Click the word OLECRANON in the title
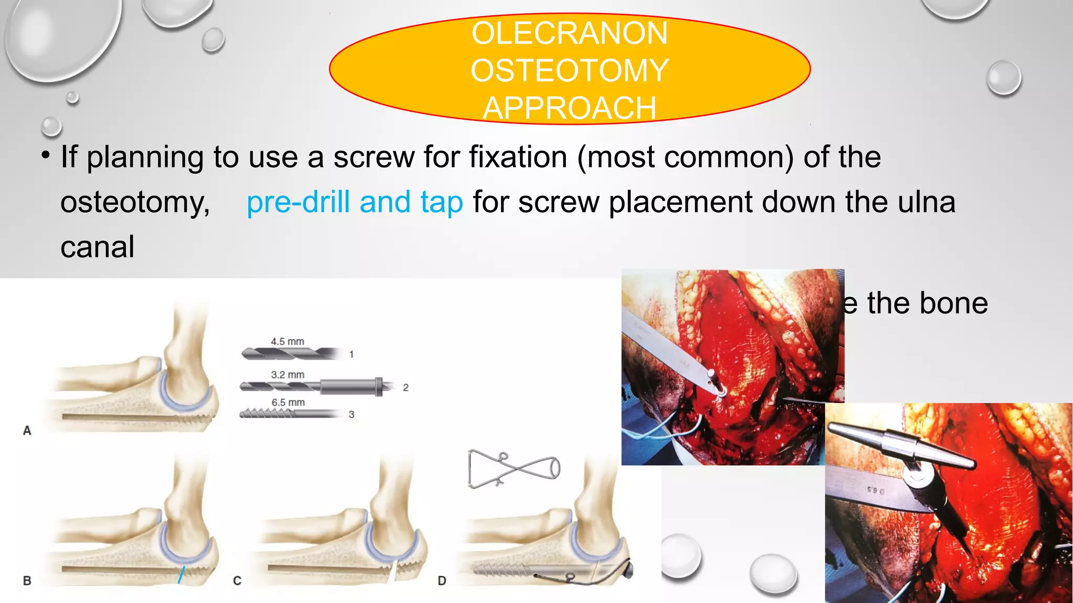pos(570,33)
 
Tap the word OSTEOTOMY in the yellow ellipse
pos(570,71)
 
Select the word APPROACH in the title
pos(570,108)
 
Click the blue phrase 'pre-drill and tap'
pos(355,203)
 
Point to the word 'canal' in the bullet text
pos(97,247)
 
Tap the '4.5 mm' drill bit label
pos(287,341)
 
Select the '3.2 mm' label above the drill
pos(287,375)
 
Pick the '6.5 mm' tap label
pos(288,403)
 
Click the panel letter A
pos(27,431)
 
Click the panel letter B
pos(27,580)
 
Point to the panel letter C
pos(237,580)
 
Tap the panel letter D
pos(442,580)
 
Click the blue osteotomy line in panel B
pos(181,575)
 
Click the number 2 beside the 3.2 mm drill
pos(406,388)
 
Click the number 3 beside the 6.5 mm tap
pos(352,415)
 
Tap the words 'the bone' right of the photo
pos(927,303)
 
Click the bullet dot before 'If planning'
pos(46,155)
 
